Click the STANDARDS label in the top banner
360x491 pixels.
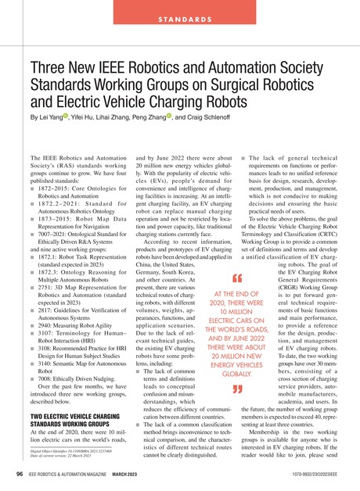pyautogui.click(x=179, y=18)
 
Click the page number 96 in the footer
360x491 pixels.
pyautogui.click(x=17, y=474)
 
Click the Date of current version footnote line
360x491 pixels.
pyautogui.click(x=54, y=457)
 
